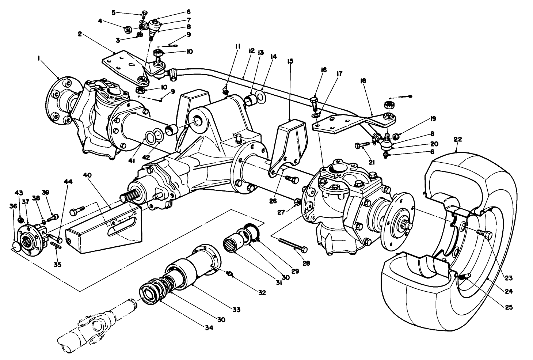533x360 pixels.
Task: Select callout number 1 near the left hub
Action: (39, 58)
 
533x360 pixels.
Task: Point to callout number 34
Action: (209, 328)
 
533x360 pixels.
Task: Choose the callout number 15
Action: (290, 61)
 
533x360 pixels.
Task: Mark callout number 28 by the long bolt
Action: (306, 263)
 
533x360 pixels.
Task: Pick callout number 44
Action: (68, 181)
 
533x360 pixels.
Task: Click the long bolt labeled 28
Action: (293, 245)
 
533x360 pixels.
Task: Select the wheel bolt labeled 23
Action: (484, 234)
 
